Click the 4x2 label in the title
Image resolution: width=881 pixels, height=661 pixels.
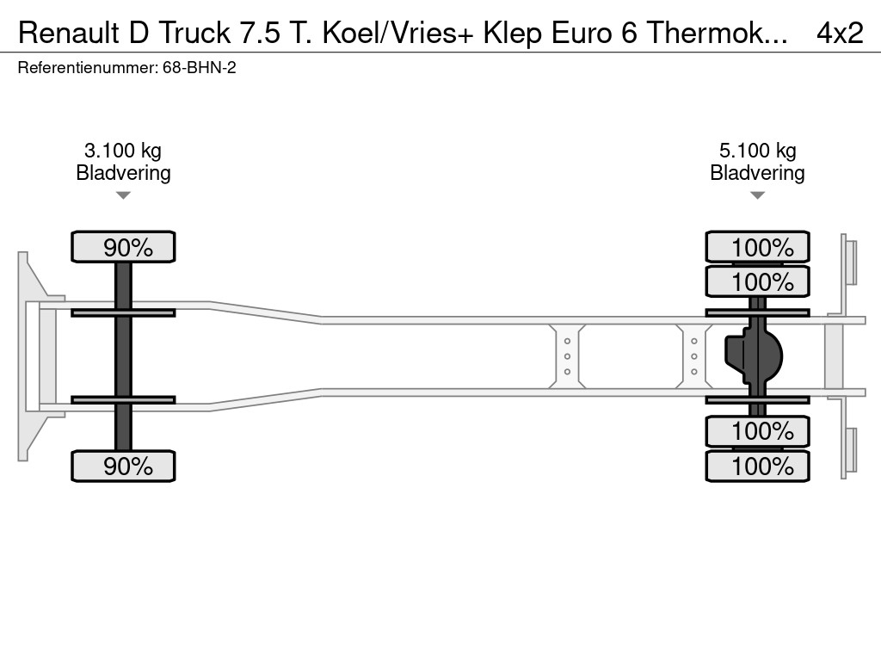[839, 33]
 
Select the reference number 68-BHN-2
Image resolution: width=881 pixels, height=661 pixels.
[199, 67]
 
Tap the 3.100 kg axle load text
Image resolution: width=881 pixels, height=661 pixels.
[123, 151]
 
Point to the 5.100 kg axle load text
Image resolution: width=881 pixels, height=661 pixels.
[757, 151]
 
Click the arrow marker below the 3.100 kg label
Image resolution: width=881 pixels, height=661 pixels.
[123, 195]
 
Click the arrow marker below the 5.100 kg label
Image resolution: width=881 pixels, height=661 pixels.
[757, 195]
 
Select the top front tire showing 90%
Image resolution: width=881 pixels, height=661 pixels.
[123, 247]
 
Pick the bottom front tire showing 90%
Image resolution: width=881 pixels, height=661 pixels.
[123, 466]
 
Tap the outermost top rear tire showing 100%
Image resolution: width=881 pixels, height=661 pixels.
[757, 247]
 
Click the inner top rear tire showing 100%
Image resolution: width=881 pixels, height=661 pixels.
[757, 281]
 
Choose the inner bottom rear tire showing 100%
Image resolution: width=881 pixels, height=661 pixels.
[757, 430]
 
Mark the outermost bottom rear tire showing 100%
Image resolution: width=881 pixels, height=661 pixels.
[757, 466]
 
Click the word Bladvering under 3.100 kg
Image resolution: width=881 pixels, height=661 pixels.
[123, 173]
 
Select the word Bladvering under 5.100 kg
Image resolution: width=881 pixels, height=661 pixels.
[757, 173]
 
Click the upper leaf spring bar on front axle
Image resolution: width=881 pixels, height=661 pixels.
[123, 312]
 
